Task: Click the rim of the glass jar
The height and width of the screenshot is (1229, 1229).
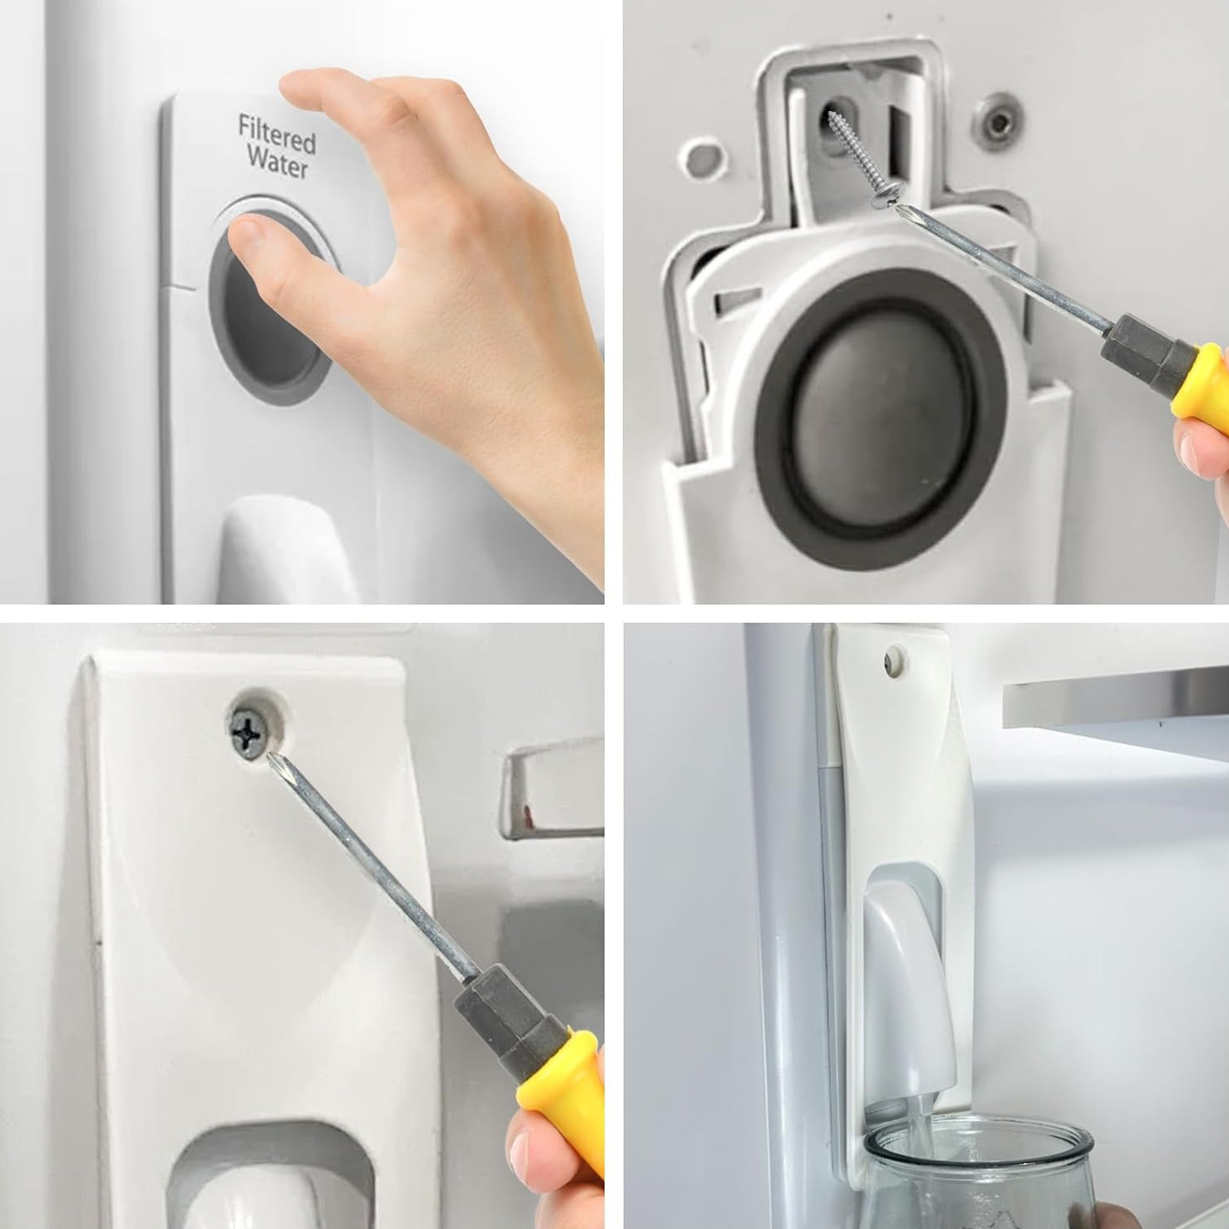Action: click(980, 1141)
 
